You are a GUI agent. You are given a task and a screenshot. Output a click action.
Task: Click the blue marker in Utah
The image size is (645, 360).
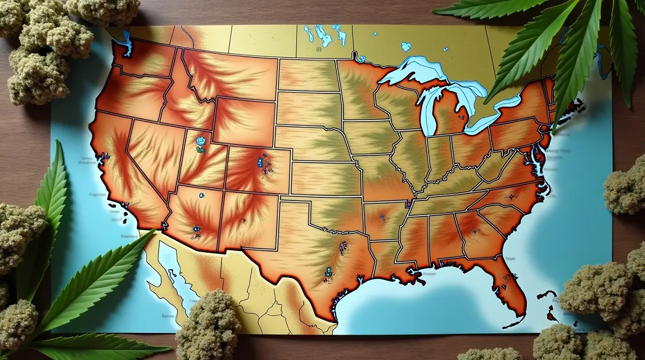coord(202,141)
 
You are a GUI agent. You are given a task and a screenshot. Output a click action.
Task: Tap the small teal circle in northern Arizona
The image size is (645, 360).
coord(202,196)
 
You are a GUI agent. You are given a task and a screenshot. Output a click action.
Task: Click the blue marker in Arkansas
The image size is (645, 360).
coord(383,218)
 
